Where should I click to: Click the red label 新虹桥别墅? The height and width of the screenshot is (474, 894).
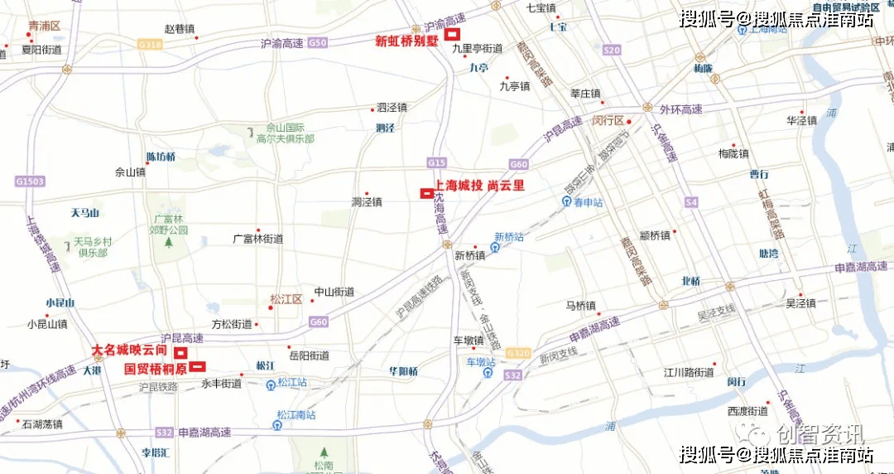pos(408,40)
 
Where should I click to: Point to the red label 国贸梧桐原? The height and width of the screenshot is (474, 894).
pos(156,368)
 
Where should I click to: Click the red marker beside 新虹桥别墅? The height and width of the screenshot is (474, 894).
pos(453,35)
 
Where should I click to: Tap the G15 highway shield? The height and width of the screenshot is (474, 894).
pos(437,162)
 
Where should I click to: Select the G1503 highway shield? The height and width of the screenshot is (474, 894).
pos(27,180)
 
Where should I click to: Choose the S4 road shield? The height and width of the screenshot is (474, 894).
pos(691,201)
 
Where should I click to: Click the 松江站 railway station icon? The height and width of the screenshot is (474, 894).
pos(272,384)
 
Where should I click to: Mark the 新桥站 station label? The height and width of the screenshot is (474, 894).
pos(509,236)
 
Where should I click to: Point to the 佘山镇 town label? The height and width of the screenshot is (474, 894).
pos(130,173)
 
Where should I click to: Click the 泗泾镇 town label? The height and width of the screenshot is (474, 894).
pos(392,108)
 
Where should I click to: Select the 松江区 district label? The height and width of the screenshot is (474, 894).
pos(286,299)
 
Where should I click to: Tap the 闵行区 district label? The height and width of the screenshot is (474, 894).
pos(608,120)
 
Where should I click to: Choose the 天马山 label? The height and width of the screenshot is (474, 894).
pos(84,213)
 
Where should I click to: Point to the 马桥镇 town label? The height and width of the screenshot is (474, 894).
pos(581,306)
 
